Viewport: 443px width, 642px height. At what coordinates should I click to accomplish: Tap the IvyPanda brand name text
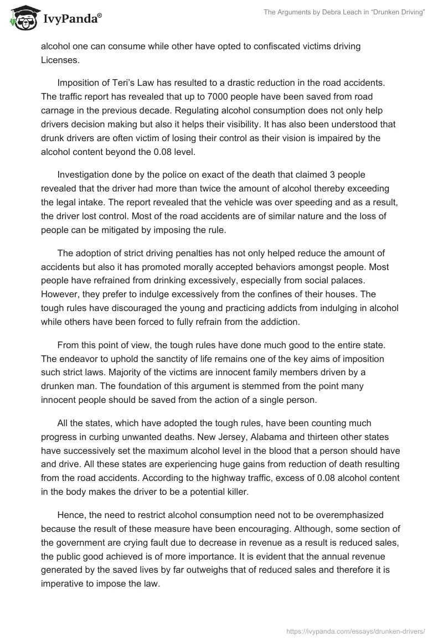click(71, 20)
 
